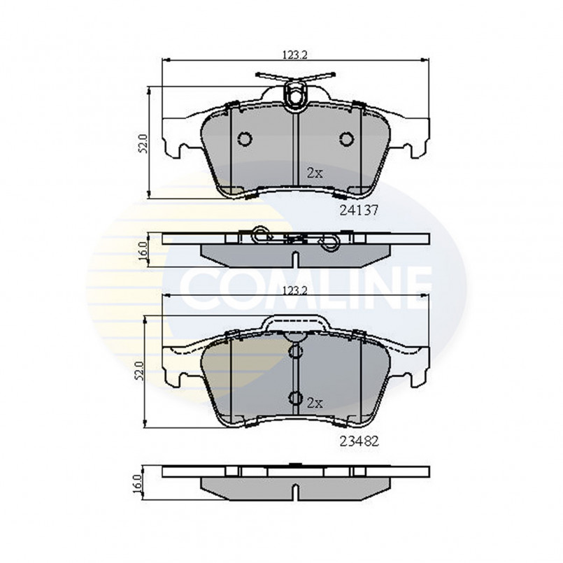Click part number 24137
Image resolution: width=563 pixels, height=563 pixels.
[x=359, y=210]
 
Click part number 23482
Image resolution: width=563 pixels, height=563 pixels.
[x=359, y=441]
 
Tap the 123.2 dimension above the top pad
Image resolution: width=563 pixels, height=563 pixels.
[x=295, y=55]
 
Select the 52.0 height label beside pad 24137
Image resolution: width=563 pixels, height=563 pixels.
[x=143, y=143]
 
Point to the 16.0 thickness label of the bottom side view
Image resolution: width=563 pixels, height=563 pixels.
[x=138, y=483]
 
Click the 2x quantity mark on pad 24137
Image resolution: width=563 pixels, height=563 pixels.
[x=315, y=173]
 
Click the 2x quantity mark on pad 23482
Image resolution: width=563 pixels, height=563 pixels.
[x=315, y=404]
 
